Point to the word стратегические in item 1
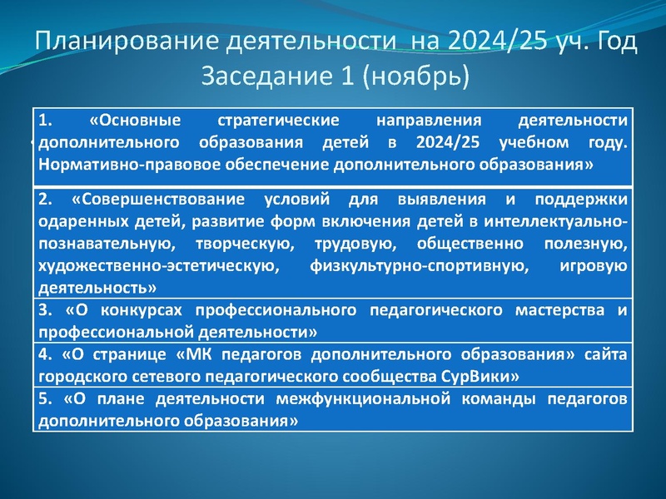[266, 121]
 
